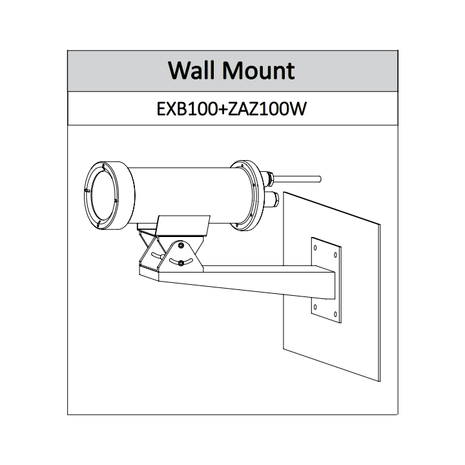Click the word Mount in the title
[x=258, y=70]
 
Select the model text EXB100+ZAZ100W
[x=232, y=109]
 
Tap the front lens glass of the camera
[x=102, y=194]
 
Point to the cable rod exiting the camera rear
[x=297, y=179]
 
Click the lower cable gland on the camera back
[x=271, y=199]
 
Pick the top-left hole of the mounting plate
[x=315, y=247]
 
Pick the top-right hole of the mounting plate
[x=335, y=254]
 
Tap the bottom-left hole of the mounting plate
[x=315, y=307]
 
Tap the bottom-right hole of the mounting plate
[x=335, y=315]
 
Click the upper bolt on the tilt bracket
[x=181, y=245]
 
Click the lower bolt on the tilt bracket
[x=181, y=263]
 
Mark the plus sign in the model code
[x=222, y=110]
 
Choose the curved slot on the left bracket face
[x=158, y=255]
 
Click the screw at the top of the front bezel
[x=103, y=165]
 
